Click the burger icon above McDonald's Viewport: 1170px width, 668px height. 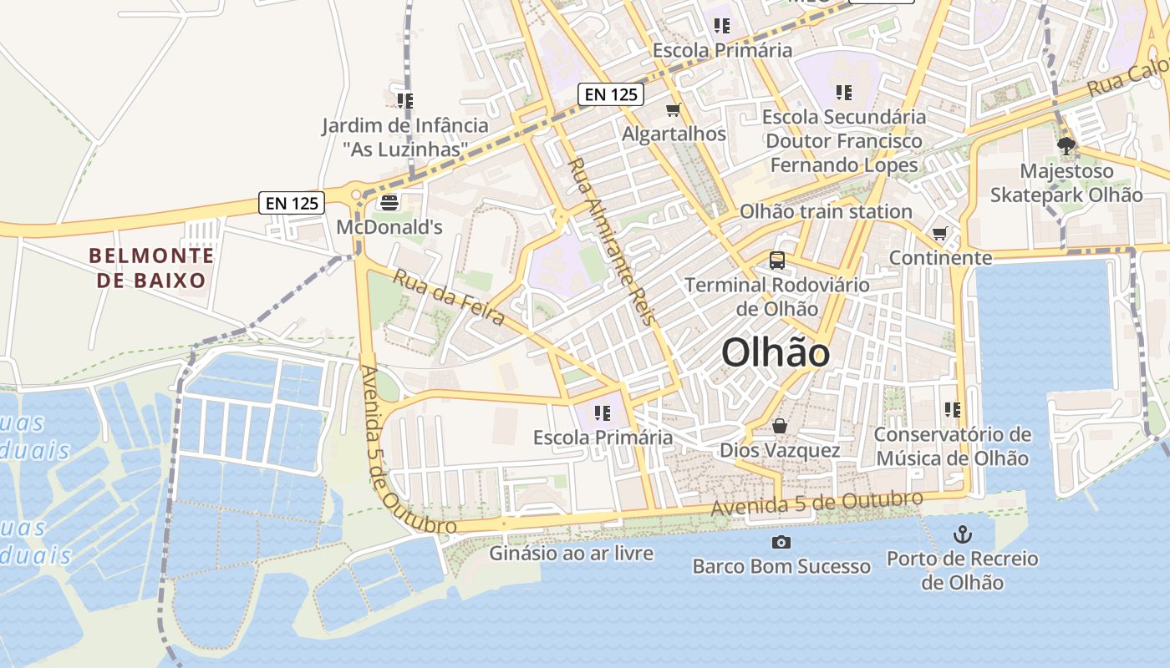click(389, 202)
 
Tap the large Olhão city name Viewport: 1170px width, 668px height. click(776, 353)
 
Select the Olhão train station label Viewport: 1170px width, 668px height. click(826, 211)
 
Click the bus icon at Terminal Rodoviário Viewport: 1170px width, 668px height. click(777, 261)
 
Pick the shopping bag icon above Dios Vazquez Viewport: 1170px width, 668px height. click(780, 427)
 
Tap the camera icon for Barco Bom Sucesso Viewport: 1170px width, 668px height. click(781, 543)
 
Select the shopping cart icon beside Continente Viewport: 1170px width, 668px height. click(940, 234)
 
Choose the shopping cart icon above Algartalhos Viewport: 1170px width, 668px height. click(674, 110)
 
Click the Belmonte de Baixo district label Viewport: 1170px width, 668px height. click(151, 268)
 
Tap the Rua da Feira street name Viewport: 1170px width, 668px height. click(449, 297)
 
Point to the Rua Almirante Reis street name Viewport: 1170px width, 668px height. click(612, 241)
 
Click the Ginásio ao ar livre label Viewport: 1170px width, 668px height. click(572, 553)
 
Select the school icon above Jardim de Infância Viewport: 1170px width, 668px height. click(405, 101)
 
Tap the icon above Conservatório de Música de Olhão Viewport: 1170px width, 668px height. click(952, 410)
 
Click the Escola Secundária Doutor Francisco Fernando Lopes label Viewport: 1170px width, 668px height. click(844, 140)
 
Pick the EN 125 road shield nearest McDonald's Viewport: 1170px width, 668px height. click(292, 202)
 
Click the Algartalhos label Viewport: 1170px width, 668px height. click(674, 134)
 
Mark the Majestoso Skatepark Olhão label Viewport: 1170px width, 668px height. click(1066, 183)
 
